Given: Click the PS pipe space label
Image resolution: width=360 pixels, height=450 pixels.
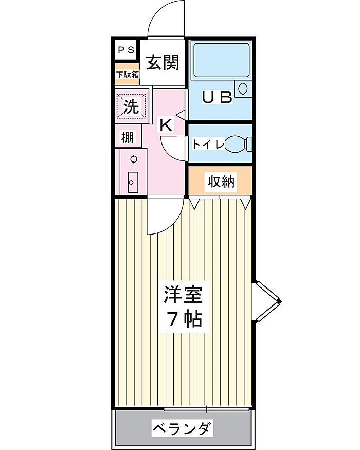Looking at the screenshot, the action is point(127,50).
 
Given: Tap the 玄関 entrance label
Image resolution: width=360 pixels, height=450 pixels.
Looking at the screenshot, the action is point(163,62).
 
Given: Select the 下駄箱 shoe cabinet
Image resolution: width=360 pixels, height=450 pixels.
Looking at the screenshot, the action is point(127,75).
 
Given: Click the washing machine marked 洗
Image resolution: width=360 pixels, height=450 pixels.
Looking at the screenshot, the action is point(132,106).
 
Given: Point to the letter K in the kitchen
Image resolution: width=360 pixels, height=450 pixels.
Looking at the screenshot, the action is point(166,125).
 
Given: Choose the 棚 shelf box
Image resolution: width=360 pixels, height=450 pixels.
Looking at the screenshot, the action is point(128,137).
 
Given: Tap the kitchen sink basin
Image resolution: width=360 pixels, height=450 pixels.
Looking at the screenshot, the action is point(133,182).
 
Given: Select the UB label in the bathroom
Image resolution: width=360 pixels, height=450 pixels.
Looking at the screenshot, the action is point(217,97).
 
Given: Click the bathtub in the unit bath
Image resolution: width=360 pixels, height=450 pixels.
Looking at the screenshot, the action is point(221,60).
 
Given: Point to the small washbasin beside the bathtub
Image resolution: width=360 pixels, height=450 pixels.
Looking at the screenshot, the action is point(242,88).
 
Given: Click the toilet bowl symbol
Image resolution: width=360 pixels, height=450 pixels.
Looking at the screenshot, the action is point(238,144).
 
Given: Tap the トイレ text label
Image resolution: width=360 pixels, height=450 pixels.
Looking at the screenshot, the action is point(208,144).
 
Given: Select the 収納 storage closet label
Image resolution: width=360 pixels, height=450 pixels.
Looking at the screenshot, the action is point(221,182).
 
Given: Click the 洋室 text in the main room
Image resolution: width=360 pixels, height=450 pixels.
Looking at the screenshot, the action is point(183,295).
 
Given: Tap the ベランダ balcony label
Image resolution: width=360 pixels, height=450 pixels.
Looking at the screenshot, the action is point(183,428).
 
